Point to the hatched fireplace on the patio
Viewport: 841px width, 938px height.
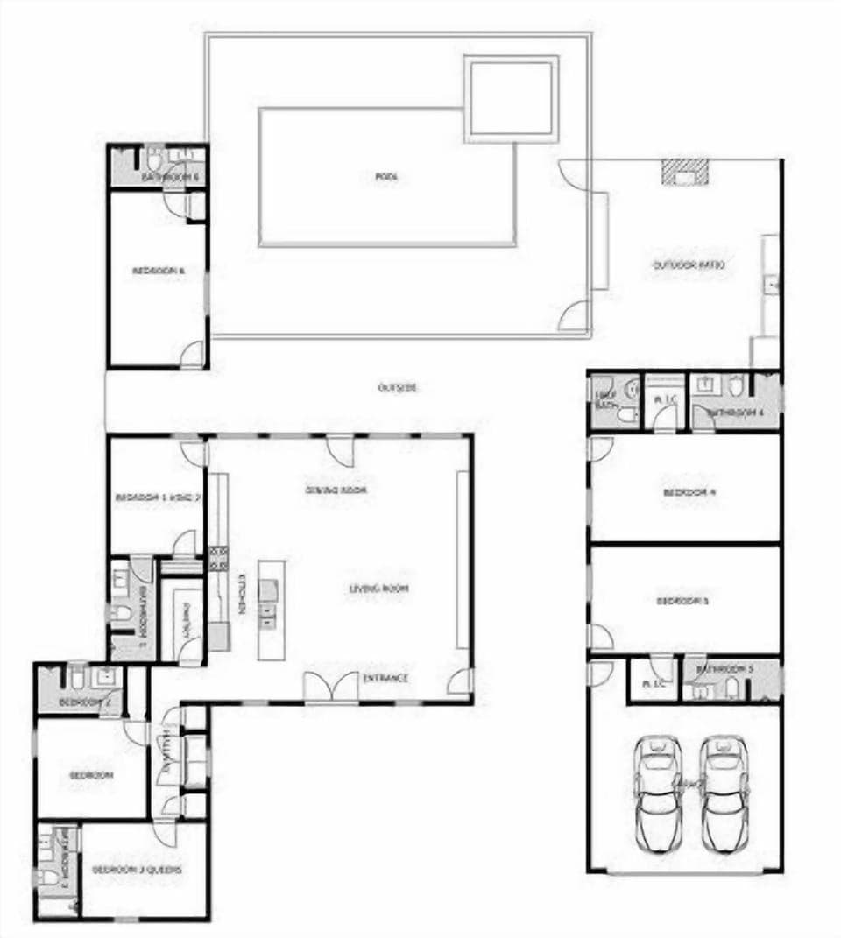coord(684,171)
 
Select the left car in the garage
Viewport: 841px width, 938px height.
coord(659,793)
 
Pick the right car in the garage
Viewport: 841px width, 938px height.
coord(725,793)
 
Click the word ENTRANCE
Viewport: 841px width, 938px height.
coord(385,678)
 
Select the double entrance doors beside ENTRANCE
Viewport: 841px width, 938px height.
coord(331,686)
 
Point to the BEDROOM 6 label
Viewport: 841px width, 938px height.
coord(158,272)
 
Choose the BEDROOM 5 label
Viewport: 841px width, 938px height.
coord(683,601)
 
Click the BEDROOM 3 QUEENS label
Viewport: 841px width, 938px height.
coord(137,870)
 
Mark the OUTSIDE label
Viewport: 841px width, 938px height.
coord(397,387)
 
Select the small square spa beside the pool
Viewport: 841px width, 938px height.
coord(511,98)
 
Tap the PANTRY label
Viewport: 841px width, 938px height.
coord(186,617)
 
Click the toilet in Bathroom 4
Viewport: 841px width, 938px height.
coord(736,385)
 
